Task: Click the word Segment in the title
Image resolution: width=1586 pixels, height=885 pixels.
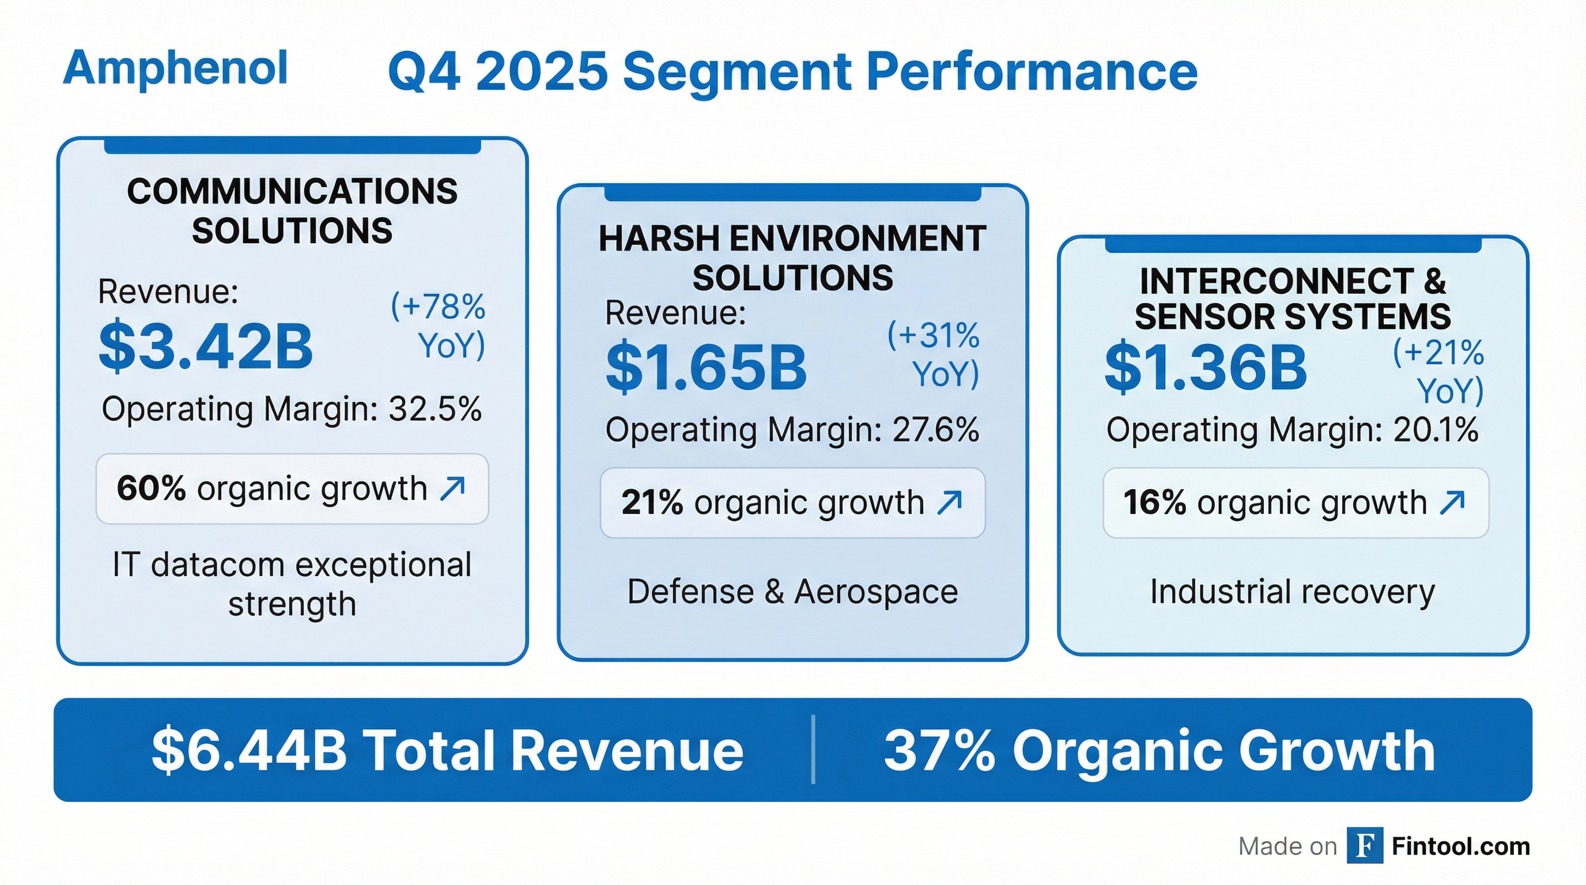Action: click(x=737, y=72)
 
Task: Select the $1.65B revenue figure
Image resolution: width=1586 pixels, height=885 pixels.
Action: click(x=705, y=368)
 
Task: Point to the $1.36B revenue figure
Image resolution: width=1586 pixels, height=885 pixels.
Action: click(x=1205, y=368)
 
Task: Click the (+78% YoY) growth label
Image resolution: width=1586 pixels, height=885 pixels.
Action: click(x=439, y=326)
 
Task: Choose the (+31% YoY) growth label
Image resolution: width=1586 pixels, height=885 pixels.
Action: click(x=934, y=354)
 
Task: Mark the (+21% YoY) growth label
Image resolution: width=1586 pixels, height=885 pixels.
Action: click(x=1439, y=372)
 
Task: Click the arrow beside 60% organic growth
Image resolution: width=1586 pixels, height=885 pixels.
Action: click(x=452, y=489)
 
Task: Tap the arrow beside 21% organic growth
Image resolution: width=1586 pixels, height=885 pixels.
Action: click(x=949, y=502)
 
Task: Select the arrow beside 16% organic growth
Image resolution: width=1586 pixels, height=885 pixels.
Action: click(x=1452, y=502)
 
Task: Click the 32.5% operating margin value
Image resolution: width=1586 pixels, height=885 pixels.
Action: click(x=435, y=409)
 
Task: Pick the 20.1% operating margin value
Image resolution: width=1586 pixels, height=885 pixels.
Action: click(x=1435, y=430)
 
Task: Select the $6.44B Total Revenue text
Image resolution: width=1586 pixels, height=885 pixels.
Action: click(x=447, y=750)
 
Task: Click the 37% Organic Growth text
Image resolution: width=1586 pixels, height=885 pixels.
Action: click(x=1160, y=750)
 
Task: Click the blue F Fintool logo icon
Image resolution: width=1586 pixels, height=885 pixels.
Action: click(x=1364, y=846)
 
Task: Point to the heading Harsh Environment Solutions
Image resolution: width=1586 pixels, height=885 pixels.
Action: click(x=792, y=258)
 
